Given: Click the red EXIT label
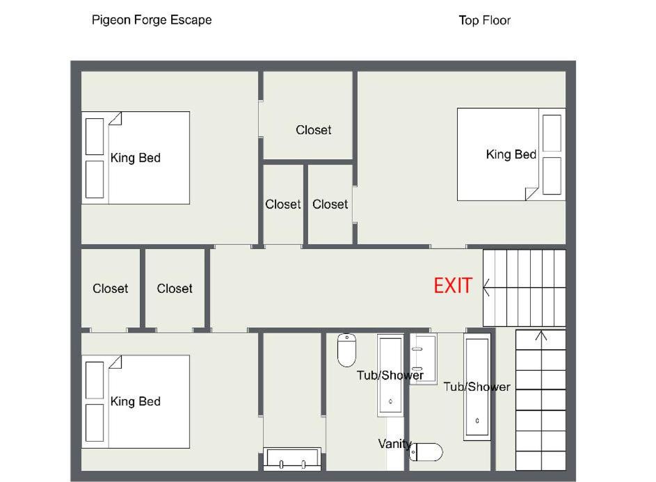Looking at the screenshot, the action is point(453,286).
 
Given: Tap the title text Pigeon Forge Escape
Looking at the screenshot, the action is point(152,20).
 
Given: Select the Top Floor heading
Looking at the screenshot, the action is point(484,20).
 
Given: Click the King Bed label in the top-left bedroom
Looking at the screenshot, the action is point(136,158).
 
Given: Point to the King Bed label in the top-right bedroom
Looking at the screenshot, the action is point(511,154).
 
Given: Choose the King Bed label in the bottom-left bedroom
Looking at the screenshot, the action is point(136,401).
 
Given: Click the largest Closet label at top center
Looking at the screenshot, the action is point(313,130).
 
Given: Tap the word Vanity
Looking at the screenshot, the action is point(395,444).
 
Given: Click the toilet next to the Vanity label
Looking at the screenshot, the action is point(426,452).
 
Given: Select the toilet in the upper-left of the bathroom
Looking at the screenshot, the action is point(347,350).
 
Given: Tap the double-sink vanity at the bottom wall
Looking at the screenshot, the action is point(292,459).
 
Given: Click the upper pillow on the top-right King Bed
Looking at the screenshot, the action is point(552,133).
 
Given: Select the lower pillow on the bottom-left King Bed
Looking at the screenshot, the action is point(95,423).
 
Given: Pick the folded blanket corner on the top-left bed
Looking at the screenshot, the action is point(115,118).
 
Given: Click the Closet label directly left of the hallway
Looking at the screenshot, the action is point(175,288).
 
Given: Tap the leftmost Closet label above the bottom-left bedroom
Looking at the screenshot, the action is point(111,288).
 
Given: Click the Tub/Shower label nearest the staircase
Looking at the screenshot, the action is point(477,387).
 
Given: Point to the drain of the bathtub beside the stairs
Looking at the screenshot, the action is point(477,421).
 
